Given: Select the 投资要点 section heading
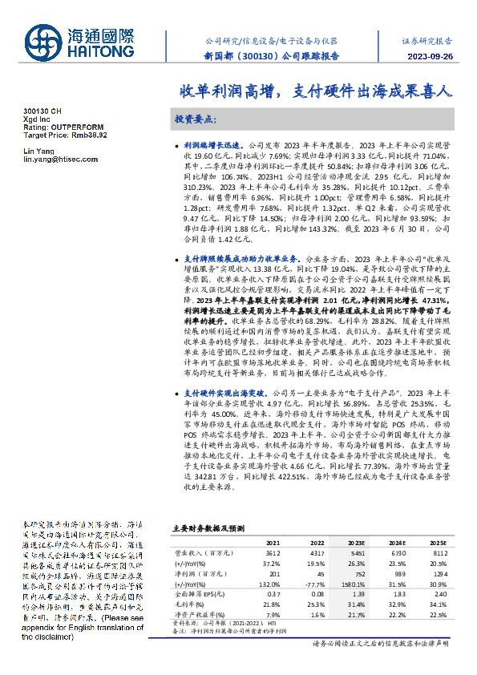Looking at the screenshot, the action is (x=195, y=119).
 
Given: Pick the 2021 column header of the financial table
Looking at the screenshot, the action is (x=273, y=542).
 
